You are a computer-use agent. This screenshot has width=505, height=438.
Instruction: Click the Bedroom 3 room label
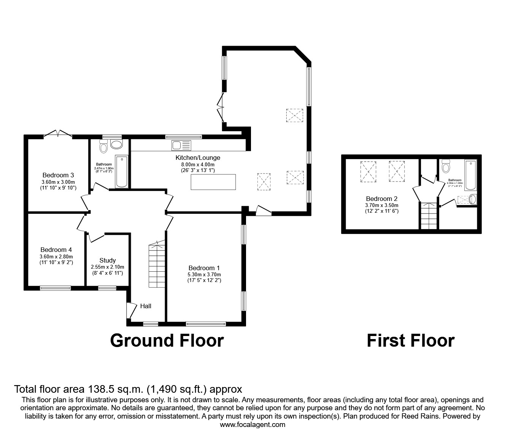pyautogui.click(x=58, y=175)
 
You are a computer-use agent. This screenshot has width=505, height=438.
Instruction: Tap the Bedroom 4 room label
pyautogui.click(x=56, y=250)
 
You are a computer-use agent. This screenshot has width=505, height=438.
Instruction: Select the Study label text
pyautogui.click(x=107, y=261)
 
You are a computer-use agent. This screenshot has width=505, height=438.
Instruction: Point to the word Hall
pyautogui.click(x=146, y=306)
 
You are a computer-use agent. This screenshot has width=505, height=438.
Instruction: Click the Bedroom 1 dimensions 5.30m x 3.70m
pyautogui.click(x=204, y=274)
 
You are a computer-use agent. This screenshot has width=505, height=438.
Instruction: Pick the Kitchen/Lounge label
pyautogui.click(x=198, y=158)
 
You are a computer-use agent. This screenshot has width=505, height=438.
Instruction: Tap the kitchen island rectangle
pyautogui.click(x=213, y=182)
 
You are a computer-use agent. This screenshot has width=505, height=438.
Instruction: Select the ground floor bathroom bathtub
pyautogui.click(x=122, y=171)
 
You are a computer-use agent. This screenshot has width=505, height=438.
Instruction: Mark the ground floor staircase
pyautogui.click(x=156, y=266)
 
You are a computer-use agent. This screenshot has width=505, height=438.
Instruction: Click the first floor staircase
pyautogui.click(x=429, y=216)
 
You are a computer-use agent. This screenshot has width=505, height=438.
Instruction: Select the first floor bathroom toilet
pyautogui.click(x=446, y=167)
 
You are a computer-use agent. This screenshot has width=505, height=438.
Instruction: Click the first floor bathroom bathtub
pyautogui.click(x=470, y=175)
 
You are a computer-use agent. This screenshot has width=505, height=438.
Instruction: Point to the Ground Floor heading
pyautogui.click(x=167, y=340)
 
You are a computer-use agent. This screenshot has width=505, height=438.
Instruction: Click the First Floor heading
pyautogui.click(x=410, y=340)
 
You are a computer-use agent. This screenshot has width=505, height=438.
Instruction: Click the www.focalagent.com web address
pyautogui.click(x=252, y=425)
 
